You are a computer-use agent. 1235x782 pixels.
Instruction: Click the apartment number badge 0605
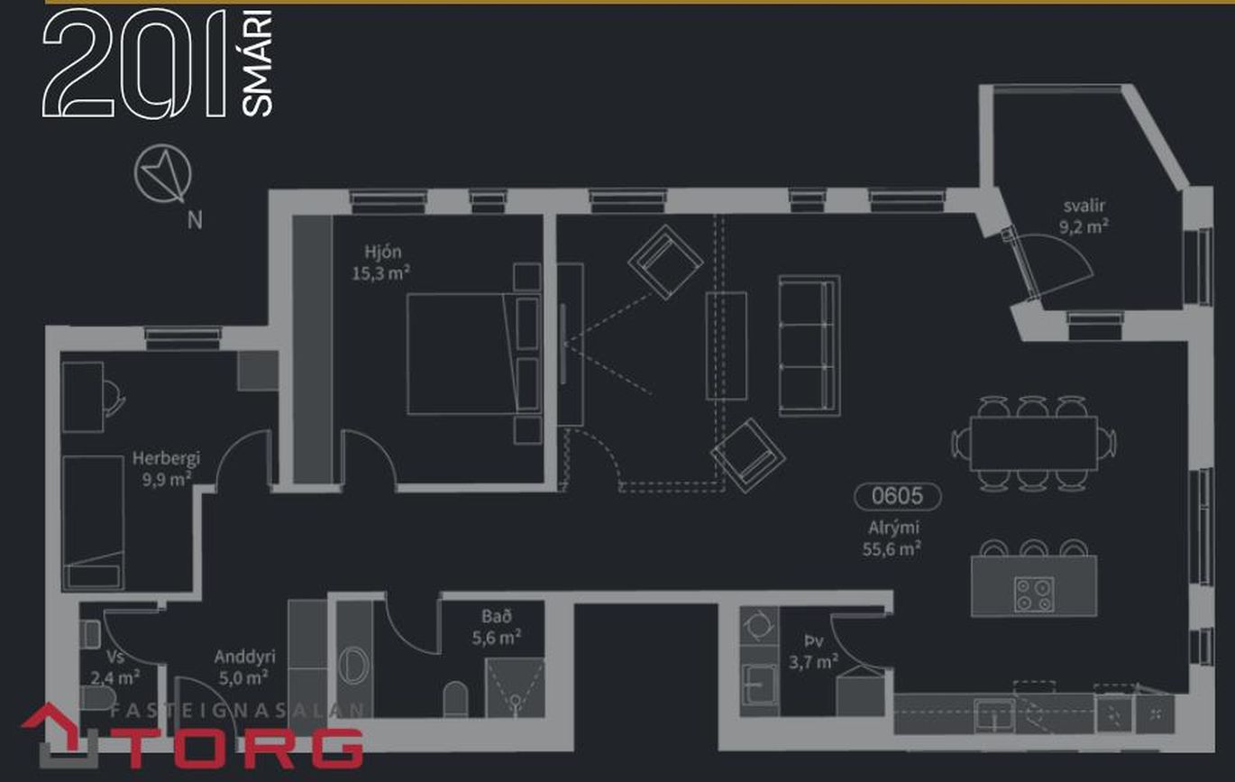(898, 496)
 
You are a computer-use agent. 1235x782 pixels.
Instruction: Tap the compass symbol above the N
(163, 174)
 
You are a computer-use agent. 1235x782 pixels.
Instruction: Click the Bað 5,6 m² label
(496, 627)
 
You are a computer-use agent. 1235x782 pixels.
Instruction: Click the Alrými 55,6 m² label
(892, 538)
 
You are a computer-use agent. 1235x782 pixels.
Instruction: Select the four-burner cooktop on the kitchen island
(1034, 594)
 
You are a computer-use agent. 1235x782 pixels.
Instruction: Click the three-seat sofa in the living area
(810, 345)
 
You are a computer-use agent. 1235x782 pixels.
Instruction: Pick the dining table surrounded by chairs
(1034, 444)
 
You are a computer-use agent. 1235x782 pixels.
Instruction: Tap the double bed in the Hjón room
(473, 354)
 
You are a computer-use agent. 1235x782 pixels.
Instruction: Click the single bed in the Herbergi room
(93, 522)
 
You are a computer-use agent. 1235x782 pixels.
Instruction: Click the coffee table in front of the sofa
(727, 345)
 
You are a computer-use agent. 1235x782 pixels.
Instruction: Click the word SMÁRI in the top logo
(257, 63)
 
